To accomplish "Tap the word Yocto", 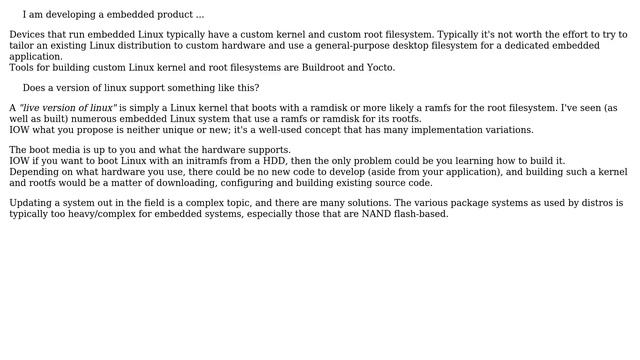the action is click(x=380, y=68).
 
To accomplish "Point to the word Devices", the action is click(x=28, y=35).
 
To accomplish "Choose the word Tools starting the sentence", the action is click(x=22, y=68).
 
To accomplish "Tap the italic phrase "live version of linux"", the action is click(x=68, y=108).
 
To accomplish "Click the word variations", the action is click(x=504, y=130).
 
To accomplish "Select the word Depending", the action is click(x=33, y=172).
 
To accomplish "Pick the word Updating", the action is click(x=32, y=203).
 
